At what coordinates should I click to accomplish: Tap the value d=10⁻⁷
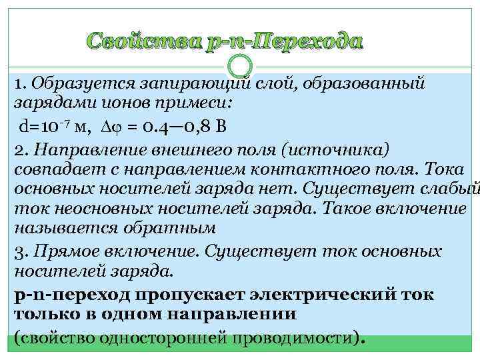point(43,126)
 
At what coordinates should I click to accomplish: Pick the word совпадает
point(51,169)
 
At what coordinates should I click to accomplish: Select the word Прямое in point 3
point(56,251)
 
